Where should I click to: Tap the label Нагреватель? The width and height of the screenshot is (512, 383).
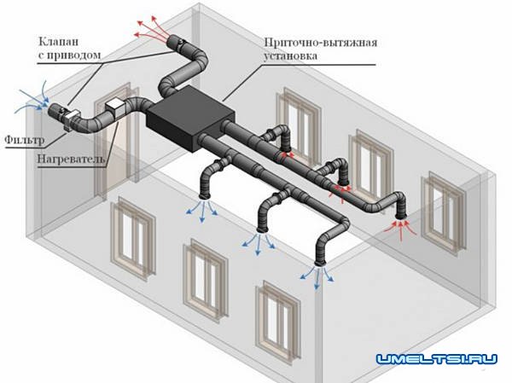pos(71,159)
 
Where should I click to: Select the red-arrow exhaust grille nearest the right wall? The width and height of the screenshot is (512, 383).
pos(401,223)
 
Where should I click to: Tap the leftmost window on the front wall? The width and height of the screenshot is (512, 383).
pos(132,235)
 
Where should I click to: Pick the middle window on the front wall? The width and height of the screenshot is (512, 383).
pos(201,272)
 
